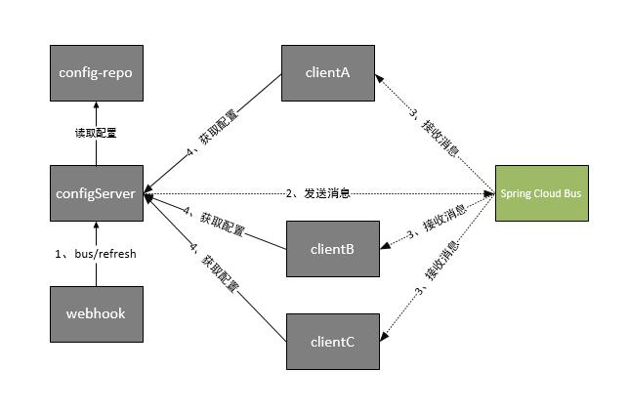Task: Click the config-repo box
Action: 96,72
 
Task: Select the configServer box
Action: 96,193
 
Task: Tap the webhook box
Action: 96,313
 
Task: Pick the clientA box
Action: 329,72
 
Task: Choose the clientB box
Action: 333,249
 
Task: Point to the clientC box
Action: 332,342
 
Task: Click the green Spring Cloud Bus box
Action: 541,193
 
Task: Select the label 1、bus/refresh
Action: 95,254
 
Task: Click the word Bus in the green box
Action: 571,193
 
